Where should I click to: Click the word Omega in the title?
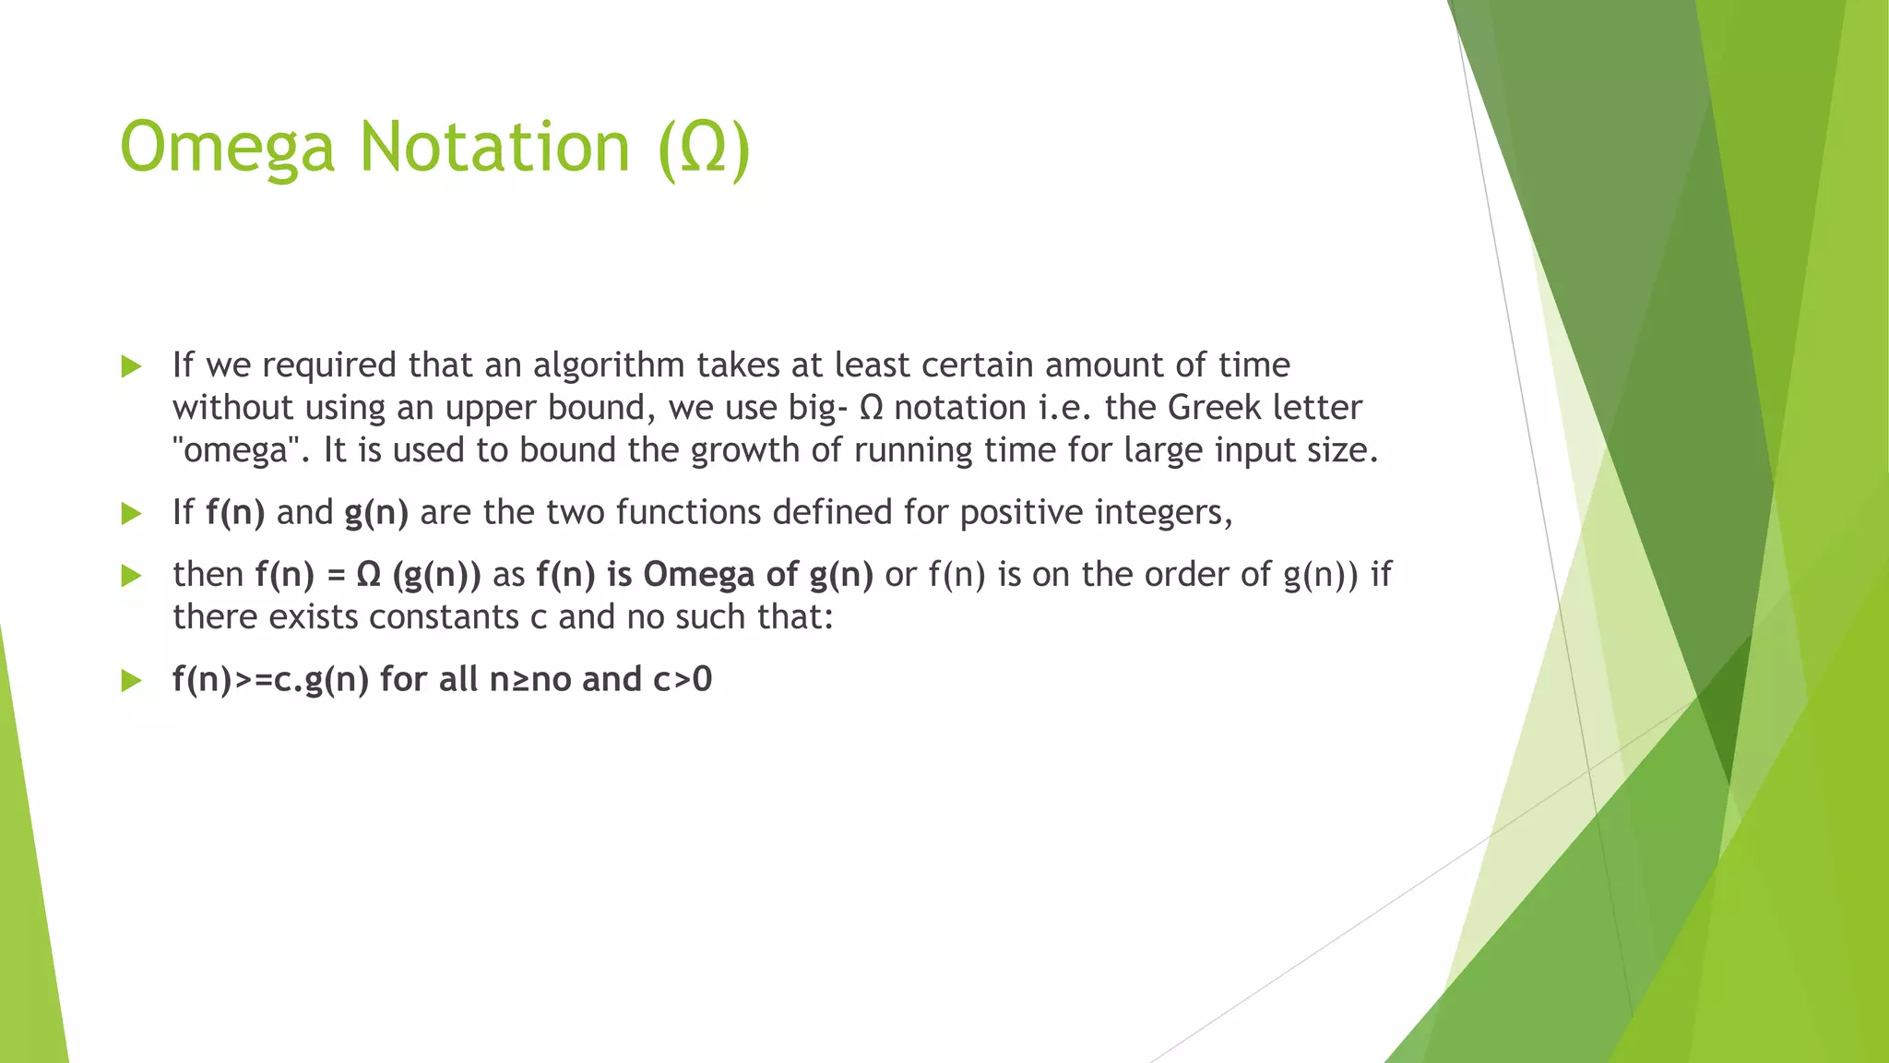click(x=227, y=148)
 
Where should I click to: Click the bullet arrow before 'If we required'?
click(x=131, y=366)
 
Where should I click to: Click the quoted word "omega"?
click(x=236, y=450)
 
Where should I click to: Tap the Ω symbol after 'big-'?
click(x=871, y=408)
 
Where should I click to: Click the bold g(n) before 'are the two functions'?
click(x=376, y=512)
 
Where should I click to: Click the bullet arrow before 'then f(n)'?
click(x=131, y=576)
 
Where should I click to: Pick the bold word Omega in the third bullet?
click(x=698, y=574)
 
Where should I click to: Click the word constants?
click(x=441, y=616)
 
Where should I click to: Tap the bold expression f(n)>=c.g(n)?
click(x=270, y=679)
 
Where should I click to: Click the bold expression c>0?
click(x=683, y=679)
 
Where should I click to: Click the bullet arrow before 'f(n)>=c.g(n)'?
click(x=131, y=681)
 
